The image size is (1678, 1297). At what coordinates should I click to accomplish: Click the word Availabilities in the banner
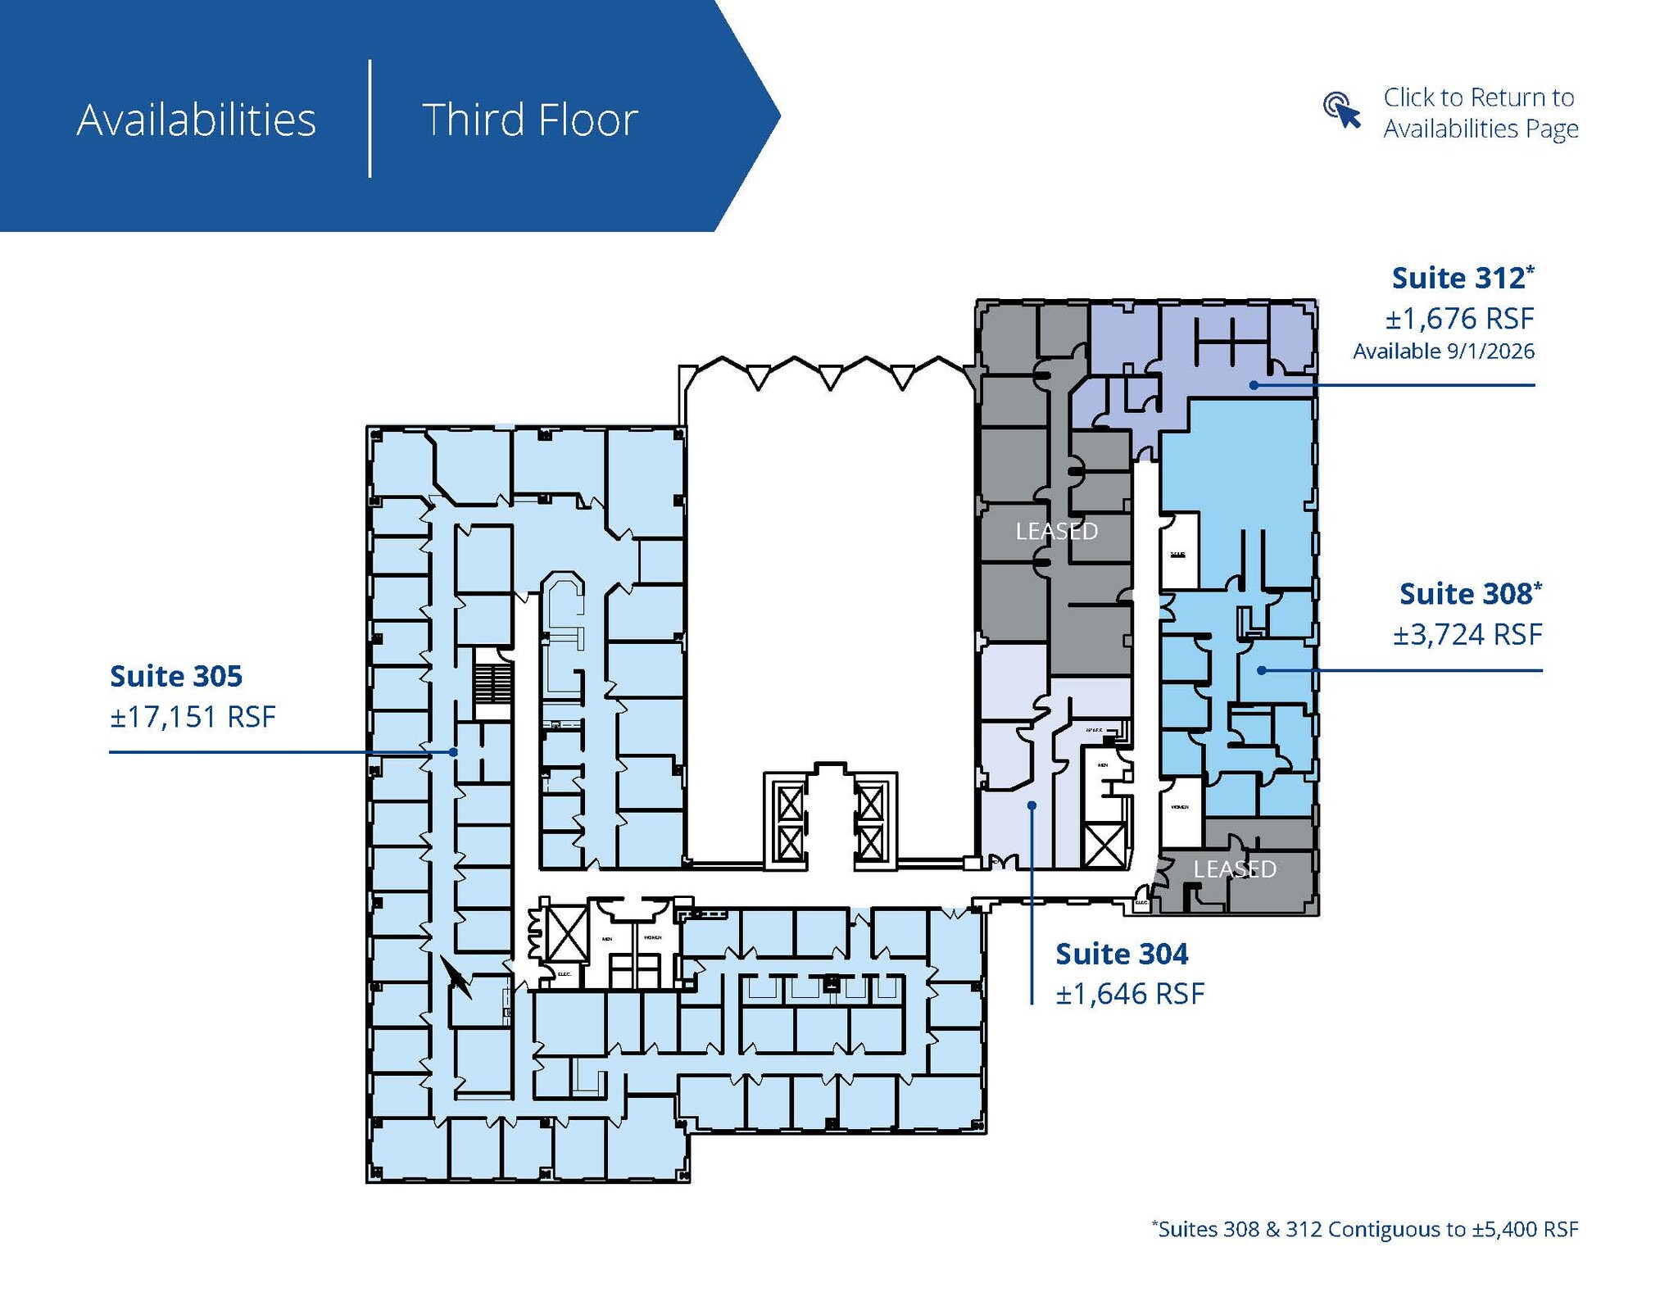pyautogui.click(x=196, y=120)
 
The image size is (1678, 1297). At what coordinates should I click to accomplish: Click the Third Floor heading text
pyautogui.click(x=529, y=120)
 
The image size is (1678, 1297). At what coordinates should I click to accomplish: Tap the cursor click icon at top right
pyautogui.click(x=1341, y=110)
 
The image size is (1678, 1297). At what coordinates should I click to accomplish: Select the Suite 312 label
pyautogui.click(x=1462, y=279)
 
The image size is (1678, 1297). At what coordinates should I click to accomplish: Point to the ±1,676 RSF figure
pyautogui.click(x=1459, y=318)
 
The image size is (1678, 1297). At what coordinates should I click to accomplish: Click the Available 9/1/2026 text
pyautogui.click(x=1443, y=351)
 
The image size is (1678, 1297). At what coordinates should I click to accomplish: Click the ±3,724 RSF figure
pyautogui.click(x=1467, y=634)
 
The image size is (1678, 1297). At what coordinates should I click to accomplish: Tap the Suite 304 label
pyautogui.click(x=1121, y=954)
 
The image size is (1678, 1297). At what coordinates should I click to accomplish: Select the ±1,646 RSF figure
pyautogui.click(x=1130, y=994)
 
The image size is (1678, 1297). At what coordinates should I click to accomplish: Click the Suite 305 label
pyautogui.click(x=176, y=676)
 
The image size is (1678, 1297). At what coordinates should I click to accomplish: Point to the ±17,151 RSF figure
pyautogui.click(x=193, y=717)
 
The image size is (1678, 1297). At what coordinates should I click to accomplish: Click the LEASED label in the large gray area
pyautogui.click(x=1056, y=532)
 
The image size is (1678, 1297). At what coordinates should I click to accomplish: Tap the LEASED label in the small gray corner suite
pyautogui.click(x=1234, y=868)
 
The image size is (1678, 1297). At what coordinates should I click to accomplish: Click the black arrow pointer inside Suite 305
pyautogui.click(x=456, y=977)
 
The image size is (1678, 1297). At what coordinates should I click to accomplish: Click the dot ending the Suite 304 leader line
pyautogui.click(x=1032, y=805)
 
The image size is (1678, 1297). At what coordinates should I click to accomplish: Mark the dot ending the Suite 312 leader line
pyautogui.click(x=1254, y=385)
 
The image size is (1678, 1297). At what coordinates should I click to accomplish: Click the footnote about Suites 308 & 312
pyautogui.click(x=1364, y=1229)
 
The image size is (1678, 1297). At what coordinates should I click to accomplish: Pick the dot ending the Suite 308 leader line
pyautogui.click(x=1262, y=670)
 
